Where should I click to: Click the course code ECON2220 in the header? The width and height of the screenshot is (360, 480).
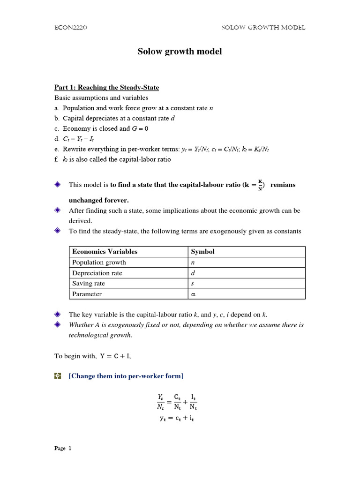71,28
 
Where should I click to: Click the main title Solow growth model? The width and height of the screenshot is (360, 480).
180,52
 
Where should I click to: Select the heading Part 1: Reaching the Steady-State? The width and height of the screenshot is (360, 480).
106,88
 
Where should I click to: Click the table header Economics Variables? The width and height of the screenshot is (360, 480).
105,252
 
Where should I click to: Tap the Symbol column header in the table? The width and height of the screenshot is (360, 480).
202,252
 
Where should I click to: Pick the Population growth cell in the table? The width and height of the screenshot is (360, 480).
99,262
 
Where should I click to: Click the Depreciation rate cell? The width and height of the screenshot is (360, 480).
97,273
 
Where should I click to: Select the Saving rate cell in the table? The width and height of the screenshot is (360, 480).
89,284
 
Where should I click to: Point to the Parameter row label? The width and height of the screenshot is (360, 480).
87,294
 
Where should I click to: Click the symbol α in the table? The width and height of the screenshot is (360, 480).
193,294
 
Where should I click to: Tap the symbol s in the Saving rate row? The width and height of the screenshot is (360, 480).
192,284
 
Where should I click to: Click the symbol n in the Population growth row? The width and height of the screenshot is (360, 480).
193,262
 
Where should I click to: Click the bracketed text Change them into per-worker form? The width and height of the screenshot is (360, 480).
126,376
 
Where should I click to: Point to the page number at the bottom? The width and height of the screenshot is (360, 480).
63,449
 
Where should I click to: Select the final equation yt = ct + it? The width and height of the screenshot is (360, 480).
177,418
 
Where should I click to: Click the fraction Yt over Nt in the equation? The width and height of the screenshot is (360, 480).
161,402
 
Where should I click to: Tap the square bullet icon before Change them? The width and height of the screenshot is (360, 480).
58,376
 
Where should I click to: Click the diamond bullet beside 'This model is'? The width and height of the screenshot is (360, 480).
58,185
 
